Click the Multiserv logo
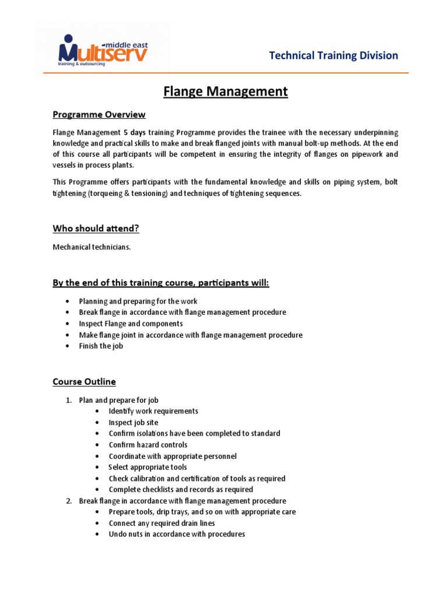click(103, 50)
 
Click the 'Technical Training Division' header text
click(333, 56)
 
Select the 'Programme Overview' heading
click(99, 114)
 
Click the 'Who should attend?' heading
click(96, 229)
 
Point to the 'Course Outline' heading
click(84, 382)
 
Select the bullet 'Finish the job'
click(101, 346)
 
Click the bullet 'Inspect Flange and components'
click(131, 324)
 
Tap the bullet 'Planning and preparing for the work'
click(138, 301)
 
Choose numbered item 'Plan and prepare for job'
click(118, 400)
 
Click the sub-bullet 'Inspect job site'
click(133, 422)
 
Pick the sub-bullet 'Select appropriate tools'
click(148, 467)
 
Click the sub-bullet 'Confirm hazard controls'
click(148, 445)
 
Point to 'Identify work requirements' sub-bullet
click(153, 411)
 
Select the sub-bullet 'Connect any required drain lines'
click(162, 523)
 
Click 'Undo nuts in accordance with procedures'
click(176, 534)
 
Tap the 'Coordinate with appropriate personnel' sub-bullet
click(172, 456)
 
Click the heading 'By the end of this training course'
click(161, 283)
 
